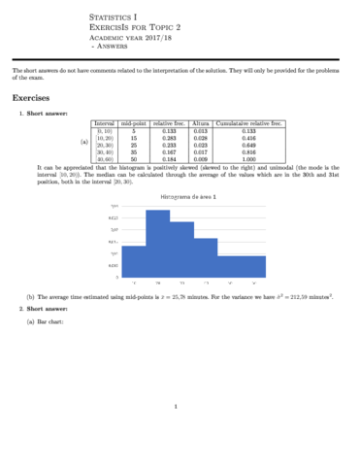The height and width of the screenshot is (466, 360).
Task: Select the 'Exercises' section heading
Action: (34, 98)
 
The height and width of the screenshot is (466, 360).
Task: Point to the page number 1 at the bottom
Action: (179, 406)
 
